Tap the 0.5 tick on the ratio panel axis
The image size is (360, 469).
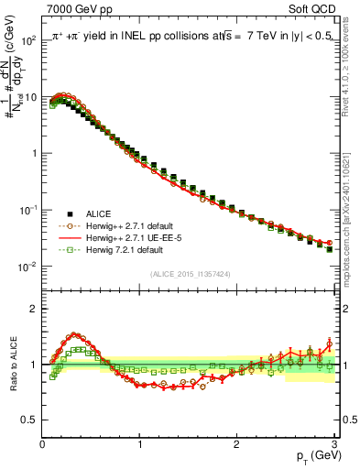[29, 420]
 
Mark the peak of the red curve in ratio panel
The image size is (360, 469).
[75, 335]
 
